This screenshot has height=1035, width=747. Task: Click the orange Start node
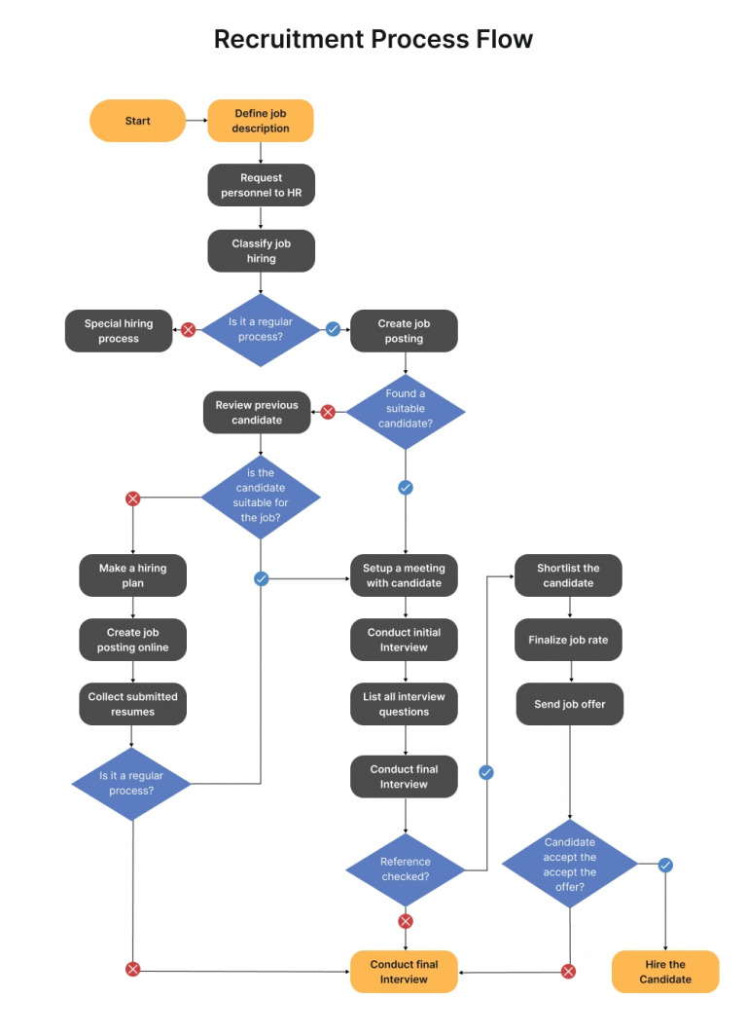coord(137,121)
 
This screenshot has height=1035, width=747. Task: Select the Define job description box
coord(261,121)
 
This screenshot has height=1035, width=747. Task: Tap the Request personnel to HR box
coord(261,185)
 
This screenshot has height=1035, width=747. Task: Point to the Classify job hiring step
coord(261,251)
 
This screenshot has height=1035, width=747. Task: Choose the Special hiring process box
coord(119,331)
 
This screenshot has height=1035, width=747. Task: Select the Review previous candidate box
coord(257,413)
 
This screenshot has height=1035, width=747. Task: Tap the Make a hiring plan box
coord(132,575)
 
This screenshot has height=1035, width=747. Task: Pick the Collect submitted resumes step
coord(132,704)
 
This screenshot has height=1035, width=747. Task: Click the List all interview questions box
coord(404,704)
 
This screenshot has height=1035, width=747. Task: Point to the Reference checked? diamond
coord(405,869)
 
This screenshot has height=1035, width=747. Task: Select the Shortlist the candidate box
coord(568,575)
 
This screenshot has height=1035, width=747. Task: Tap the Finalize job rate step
coord(568,640)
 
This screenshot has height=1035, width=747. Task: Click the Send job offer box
coord(568,704)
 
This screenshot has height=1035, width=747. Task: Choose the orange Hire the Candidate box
coord(665,972)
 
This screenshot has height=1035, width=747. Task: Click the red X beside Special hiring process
coord(189,330)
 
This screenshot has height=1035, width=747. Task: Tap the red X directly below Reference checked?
coord(406,921)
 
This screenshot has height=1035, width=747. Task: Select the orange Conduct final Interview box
coord(404,972)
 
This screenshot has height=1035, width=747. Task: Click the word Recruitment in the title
coord(288,39)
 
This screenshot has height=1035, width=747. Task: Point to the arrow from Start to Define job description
coord(196,121)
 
